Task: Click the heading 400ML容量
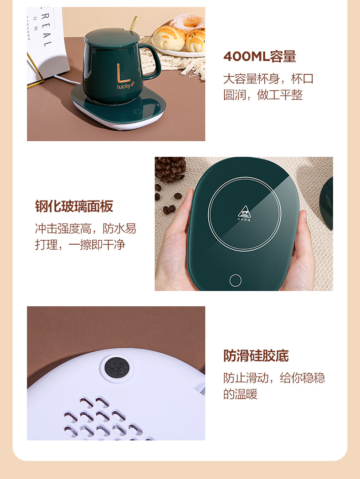pos(259,57)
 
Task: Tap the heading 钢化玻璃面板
pos(74,206)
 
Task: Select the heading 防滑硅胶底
pos(256,355)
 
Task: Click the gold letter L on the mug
pos(120,73)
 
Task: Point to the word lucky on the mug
pos(124,86)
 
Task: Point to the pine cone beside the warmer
pos(170,169)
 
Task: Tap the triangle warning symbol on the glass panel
pos(244,212)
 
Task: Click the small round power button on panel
pos(236,280)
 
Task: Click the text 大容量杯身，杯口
pos(268,78)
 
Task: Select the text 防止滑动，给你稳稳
pos(274,377)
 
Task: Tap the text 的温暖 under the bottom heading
pos(240,394)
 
